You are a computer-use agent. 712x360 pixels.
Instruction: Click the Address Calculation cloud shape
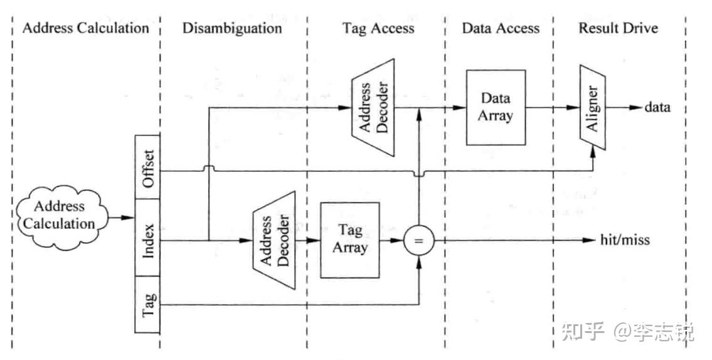click(x=62, y=216)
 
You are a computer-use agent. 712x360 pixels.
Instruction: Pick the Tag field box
click(x=147, y=305)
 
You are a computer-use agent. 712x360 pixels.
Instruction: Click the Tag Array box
click(x=349, y=240)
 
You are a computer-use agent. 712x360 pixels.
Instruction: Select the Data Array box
click(x=496, y=107)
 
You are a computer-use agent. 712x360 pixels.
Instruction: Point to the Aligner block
click(x=593, y=107)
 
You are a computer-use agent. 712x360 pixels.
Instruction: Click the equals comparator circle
click(x=418, y=241)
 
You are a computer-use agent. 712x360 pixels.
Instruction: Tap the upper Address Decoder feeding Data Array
click(x=373, y=108)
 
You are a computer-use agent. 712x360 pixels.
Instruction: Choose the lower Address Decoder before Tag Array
click(x=274, y=240)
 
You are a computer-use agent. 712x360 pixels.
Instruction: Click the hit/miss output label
click(x=625, y=240)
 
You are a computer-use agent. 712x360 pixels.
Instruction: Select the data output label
click(x=657, y=107)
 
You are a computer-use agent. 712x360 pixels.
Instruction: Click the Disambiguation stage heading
click(x=232, y=28)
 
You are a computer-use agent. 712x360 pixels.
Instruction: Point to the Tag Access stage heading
click(x=378, y=28)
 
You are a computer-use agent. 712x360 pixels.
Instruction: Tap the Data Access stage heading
click(x=501, y=28)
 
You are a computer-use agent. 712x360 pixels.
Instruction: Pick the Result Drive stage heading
click(x=618, y=28)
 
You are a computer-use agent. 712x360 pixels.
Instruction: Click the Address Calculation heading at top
click(x=86, y=28)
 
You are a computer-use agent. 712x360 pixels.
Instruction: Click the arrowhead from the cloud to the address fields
click(x=129, y=218)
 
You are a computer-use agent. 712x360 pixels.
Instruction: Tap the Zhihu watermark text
click(x=628, y=331)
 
